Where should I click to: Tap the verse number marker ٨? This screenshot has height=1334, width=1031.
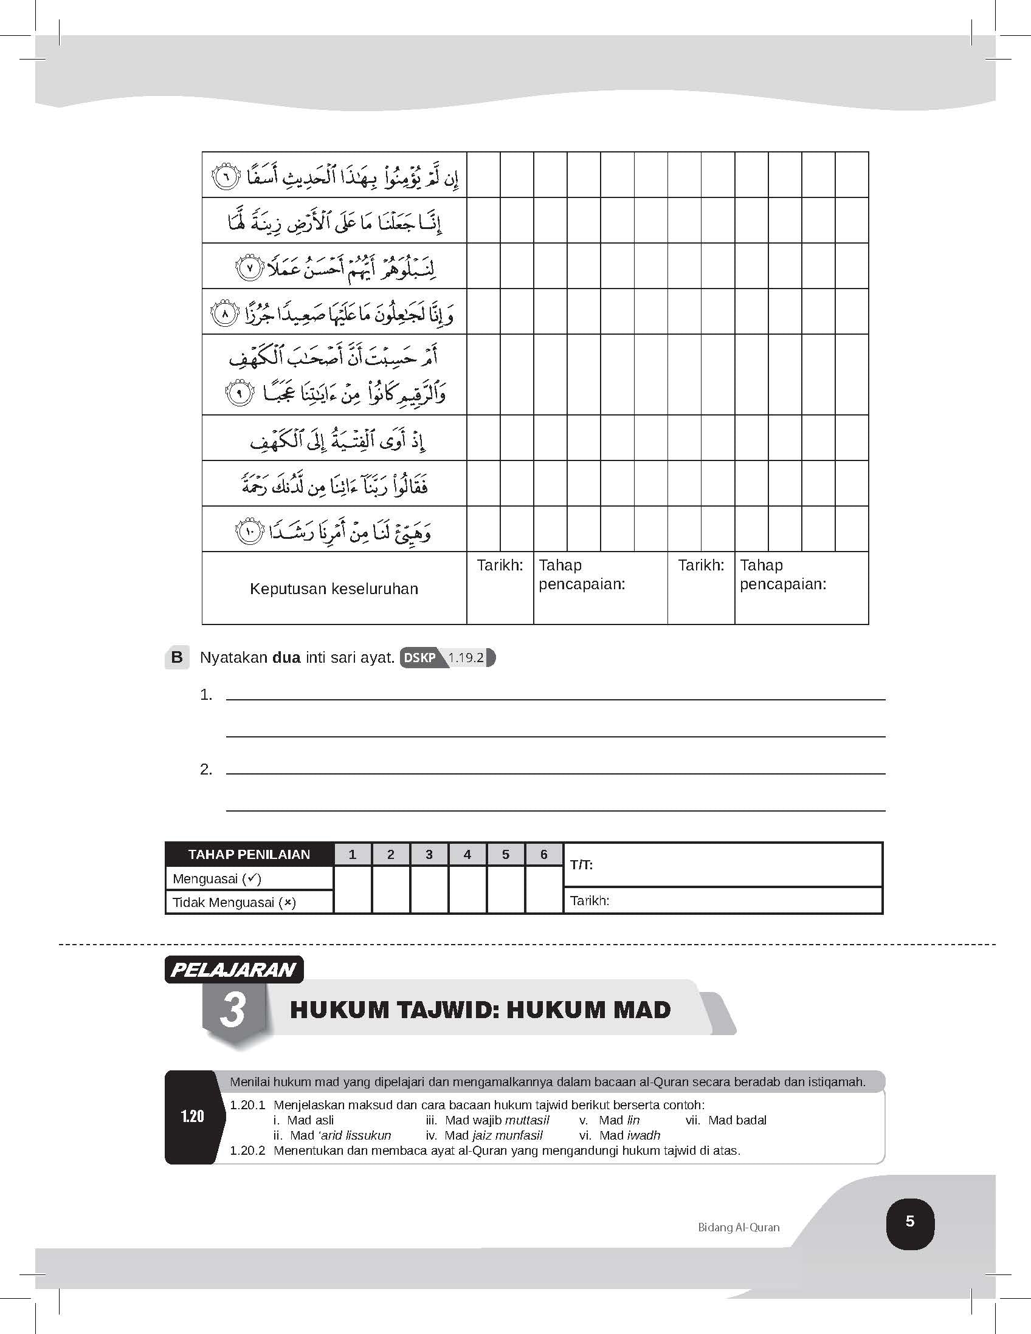224,315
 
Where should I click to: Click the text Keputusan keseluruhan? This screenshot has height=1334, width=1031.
334,589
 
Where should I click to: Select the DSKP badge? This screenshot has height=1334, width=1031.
420,658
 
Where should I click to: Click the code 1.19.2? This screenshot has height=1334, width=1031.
466,658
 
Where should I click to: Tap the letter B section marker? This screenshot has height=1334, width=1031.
178,657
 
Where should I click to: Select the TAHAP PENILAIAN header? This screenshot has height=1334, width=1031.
249,854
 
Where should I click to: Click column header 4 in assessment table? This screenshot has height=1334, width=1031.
467,854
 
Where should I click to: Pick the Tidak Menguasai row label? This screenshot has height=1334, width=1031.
234,902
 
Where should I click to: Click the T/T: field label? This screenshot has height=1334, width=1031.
581,864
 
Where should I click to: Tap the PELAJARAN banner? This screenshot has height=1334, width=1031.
233,970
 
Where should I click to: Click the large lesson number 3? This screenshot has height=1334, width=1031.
233,1010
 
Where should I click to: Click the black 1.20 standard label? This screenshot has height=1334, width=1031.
192,1116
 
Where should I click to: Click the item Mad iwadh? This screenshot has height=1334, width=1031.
629,1135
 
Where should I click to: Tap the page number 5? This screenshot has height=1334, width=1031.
909,1221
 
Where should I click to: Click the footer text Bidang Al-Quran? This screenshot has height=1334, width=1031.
738,1227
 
